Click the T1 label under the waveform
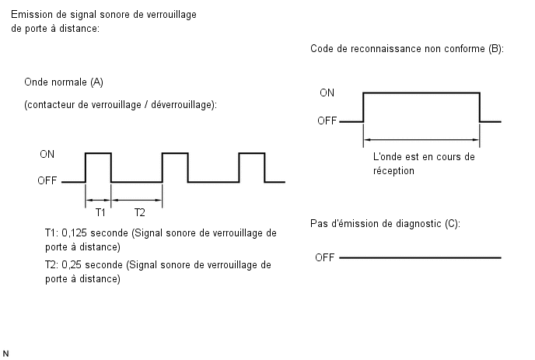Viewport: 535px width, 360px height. click(100, 212)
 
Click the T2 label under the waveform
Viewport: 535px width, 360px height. click(139, 212)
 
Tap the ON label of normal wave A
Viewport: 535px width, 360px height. click(47, 154)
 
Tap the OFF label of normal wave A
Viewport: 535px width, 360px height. click(47, 180)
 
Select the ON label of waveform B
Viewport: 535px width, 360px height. click(327, 93)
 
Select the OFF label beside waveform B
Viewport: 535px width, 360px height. click(327, 121)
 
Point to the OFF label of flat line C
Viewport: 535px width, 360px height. click(325, 257)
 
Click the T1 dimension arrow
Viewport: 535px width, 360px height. click(98, 200)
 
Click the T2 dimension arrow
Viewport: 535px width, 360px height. click(137, 200)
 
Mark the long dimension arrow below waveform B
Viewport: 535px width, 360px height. click(421, 139)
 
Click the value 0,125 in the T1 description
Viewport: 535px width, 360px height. click(75, 233)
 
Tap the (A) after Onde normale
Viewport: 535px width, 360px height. click(97, 82)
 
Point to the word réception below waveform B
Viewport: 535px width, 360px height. click(393, 171)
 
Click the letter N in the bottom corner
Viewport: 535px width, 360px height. click(5, 354)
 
